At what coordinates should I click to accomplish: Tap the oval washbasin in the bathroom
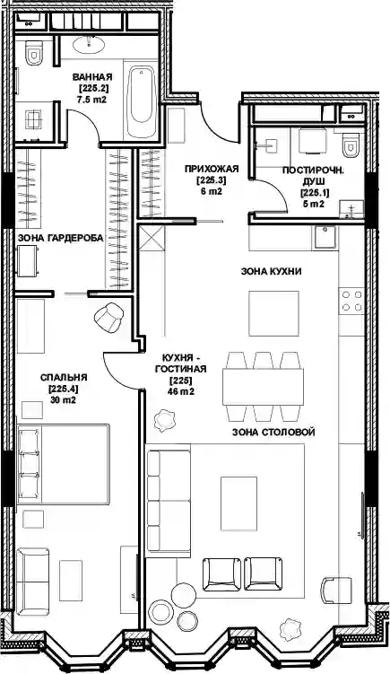click(89, 44)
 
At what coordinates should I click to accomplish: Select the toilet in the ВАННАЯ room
click(33, 52)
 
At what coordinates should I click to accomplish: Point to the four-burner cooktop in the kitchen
click(351, 301)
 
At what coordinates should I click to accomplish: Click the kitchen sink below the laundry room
click(325, 237)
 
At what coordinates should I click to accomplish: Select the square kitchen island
click(273, 313)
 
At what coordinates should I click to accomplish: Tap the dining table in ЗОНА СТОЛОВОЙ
click(263, 387)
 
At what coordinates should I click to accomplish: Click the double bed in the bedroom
click(63, 464)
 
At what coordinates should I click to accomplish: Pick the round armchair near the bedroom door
click(108, 317)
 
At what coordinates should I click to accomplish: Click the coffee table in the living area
click(238, 503)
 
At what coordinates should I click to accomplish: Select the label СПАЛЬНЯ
click(64, 378)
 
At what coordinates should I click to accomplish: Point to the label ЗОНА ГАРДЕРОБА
click(61, 238)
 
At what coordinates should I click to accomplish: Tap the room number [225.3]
click(211, 180)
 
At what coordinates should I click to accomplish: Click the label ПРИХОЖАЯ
click(212, 169)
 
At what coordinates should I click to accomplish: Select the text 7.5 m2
click(92, 100)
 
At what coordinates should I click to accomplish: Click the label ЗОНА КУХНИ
click(271, 271)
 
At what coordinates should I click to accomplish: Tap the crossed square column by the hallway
click(152, 238)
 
